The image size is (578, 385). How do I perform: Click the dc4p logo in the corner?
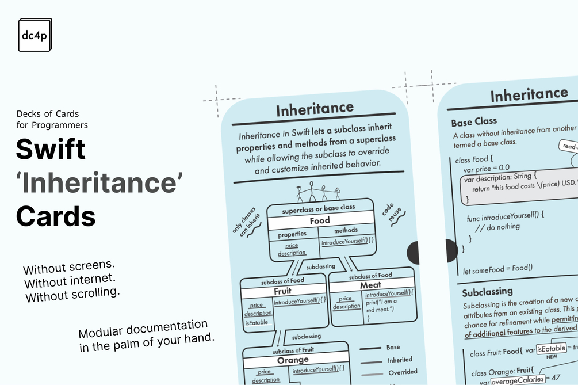(x=35, y=35)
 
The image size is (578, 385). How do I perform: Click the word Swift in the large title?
(x=51, y=149)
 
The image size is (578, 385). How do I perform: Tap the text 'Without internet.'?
(x=70, y=283)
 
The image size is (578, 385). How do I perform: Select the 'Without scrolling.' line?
(x=72, y=296)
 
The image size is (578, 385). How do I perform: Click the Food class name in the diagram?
(x=320, y=220)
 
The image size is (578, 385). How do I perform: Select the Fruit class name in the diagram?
(x=282, y=291)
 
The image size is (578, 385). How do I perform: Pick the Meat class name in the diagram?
(x=370, y=285)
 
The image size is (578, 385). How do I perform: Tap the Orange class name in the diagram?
(x=293, y=360)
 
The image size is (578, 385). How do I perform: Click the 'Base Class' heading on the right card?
(x=474, y=123)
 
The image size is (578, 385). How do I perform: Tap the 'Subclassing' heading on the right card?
(x=487, y=291)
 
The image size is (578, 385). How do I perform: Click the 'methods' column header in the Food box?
(x=346, y=231)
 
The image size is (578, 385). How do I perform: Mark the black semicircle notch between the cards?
(x=414, y=253)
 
